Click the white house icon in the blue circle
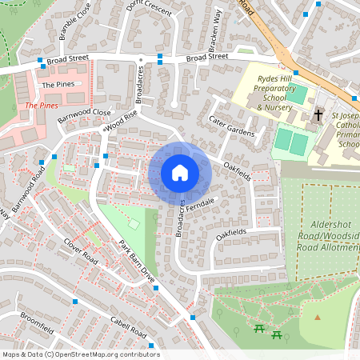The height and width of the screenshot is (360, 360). coord(180,172)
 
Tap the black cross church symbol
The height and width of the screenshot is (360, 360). coord(318,115)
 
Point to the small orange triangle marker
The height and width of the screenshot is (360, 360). coord(318,318)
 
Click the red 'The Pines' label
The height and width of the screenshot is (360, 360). coord(42,106)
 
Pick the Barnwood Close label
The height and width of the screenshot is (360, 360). coord(84,114)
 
